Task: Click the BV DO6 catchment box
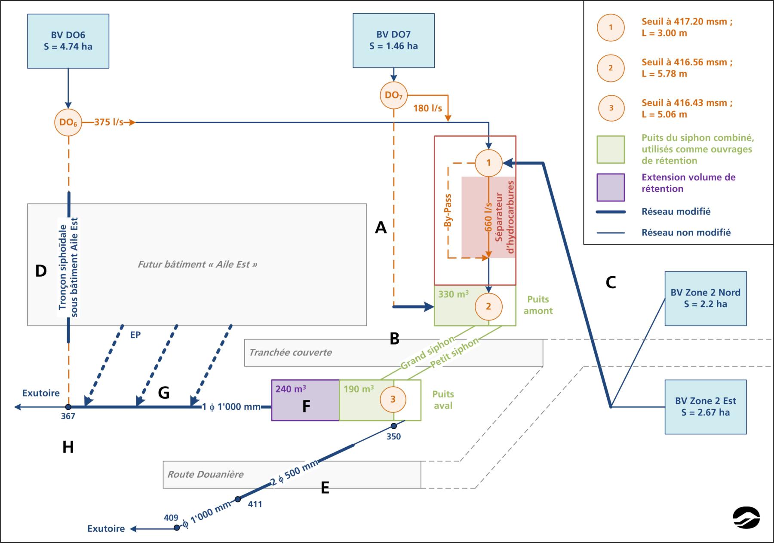click(68, 41)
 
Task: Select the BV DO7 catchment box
click(393, 40)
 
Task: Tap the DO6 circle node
click(68, 122)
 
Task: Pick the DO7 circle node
click(393, 95)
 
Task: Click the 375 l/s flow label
click(108, 122)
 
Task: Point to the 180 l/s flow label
click(427, 108)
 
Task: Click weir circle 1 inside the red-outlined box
click(488, 163)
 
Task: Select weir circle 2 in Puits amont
click(488, 306)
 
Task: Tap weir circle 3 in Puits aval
click(393, 400)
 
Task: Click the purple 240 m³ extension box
click(305, 400)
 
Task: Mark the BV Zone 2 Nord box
click(705, 299)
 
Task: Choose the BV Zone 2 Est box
click(705, 407)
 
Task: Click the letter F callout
click(306, 406)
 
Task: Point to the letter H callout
click(68, 447)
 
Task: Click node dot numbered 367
click(68, 406)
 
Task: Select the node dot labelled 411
click(238, 499)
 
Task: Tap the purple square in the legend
click(611, 187)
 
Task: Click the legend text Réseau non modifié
click(686, 232)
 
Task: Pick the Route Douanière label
click(206, 474)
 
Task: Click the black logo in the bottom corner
click(746, 518)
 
